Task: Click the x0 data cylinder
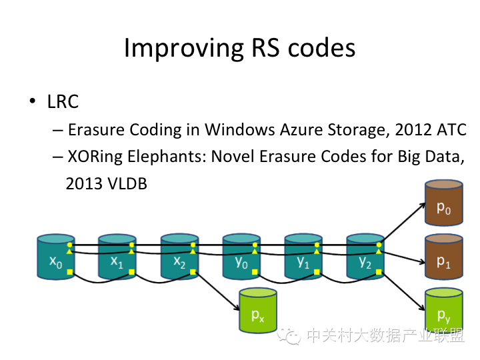coord(56,257)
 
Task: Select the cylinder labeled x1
coord(117,257)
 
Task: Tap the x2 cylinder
coord(179,257)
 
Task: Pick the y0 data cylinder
coord(241,257)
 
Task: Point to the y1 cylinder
coord(303,257)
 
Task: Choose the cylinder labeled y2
coord(365,257)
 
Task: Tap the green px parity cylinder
coord(258,311)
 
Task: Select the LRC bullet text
coord(63,101)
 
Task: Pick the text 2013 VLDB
coord(106,183)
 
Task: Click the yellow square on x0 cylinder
coord(70,273)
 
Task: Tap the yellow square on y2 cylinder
coord(379,273)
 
